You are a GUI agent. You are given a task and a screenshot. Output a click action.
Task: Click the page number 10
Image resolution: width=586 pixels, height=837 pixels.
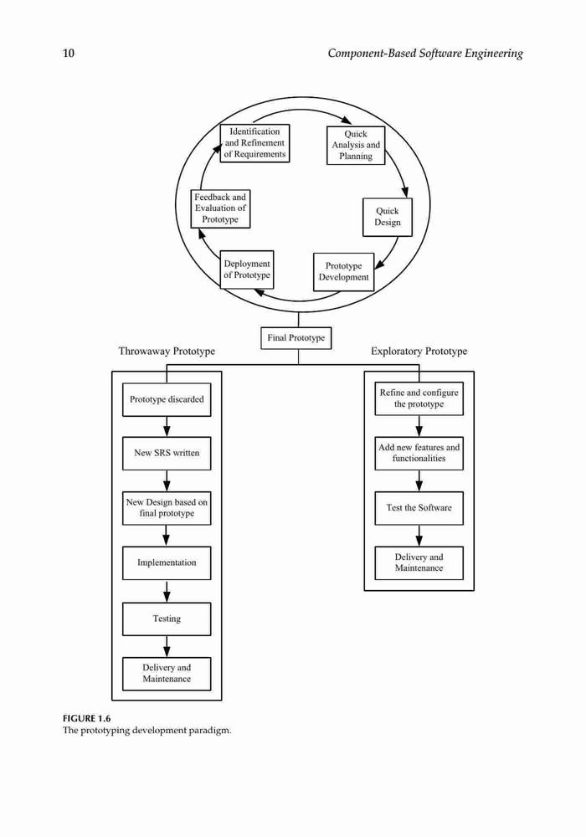click(69, 53)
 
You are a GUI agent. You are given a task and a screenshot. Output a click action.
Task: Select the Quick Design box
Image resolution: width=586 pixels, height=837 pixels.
click(388, 217)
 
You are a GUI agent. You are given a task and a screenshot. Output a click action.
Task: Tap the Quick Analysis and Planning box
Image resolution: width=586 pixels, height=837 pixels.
click(356, 145)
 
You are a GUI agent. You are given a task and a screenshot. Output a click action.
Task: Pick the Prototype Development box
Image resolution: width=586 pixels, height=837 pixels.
click(344, 272)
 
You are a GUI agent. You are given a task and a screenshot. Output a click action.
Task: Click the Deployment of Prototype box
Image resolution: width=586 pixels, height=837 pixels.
click(247, 270)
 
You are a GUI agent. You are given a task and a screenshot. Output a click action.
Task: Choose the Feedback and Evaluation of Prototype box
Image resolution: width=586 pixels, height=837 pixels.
click(220, 208)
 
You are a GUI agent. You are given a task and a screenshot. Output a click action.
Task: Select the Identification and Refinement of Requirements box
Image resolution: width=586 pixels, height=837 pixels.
click(254, 143)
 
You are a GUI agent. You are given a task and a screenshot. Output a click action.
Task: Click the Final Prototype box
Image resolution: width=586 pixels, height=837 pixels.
click(296, 338)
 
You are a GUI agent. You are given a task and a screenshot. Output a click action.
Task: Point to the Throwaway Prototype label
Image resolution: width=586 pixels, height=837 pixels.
click(167, 352)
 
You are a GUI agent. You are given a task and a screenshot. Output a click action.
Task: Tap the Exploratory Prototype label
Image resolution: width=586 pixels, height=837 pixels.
click(419, 352)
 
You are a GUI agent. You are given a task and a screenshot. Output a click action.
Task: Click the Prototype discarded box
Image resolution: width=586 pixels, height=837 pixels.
click(167, 399)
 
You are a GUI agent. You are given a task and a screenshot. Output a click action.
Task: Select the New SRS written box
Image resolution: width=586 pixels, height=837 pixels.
click(167, 453)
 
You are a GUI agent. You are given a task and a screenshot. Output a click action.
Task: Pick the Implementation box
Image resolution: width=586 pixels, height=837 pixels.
click(167, 562)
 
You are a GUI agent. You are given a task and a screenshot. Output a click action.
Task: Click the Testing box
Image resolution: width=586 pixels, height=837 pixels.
click(167, 619)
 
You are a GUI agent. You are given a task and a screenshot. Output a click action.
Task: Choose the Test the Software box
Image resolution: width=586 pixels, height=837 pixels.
click(419, 508)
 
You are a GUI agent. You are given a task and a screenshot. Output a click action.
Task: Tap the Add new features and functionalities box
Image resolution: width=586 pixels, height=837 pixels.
click(419, 453)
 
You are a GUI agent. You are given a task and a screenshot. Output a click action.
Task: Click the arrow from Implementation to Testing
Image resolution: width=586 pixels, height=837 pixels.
click(167, 591)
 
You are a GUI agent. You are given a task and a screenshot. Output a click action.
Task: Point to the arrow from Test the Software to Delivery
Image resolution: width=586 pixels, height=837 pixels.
click(419, 536)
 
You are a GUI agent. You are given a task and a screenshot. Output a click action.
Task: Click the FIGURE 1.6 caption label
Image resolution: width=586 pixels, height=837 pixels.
click(86, 718)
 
